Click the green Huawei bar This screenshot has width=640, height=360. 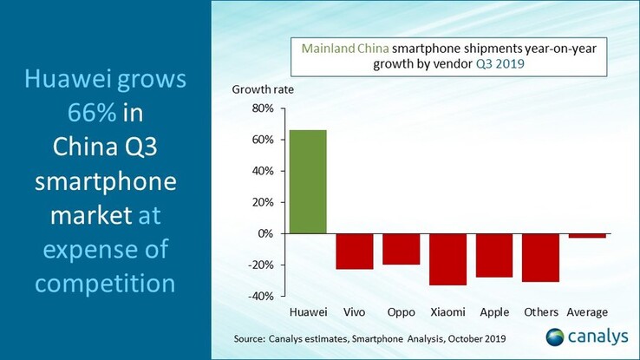pos(308,181)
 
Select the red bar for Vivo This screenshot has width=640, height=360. pos(355,251)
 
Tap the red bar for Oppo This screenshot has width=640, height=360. pos(402,249)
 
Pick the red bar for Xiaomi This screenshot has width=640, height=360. pos(448,259)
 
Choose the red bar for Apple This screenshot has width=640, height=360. pos(494,255)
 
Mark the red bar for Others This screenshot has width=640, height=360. pos(541,258)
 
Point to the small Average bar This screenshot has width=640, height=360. pos(587,235)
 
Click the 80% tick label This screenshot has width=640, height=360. pos(261,108)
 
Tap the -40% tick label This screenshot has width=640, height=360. pos(259,296)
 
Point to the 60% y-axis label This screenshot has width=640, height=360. pos(261,140)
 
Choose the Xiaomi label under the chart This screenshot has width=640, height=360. pos(448,311)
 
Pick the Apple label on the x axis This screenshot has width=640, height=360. pos(494,311)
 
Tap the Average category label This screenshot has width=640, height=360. pos(587,311)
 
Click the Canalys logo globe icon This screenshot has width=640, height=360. pos(554,336)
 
